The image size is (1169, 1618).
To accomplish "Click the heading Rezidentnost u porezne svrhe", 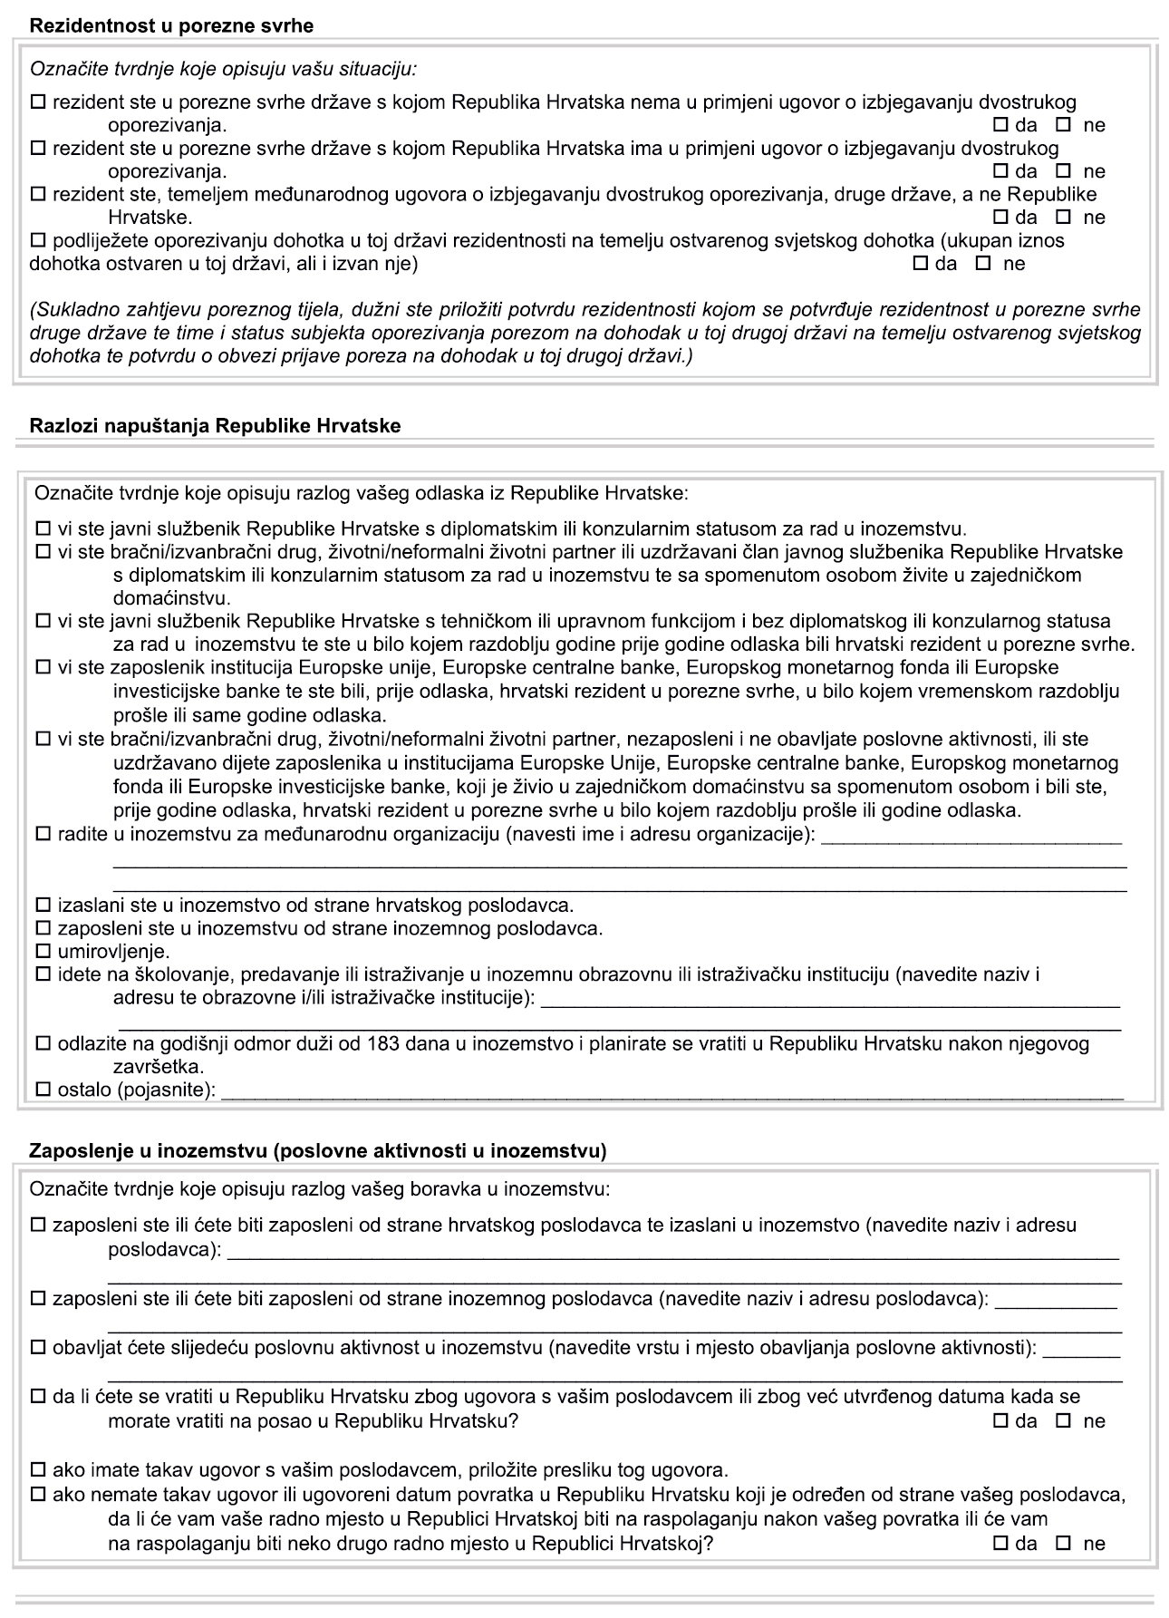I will coord(171,26).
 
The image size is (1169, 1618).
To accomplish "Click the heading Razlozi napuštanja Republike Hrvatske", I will coord(215,425).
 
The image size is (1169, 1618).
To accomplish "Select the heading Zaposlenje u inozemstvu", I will coord(317,1151).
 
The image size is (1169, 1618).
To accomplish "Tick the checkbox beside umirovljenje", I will coord(43,952).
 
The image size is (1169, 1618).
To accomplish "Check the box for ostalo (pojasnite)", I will coord(43,1090).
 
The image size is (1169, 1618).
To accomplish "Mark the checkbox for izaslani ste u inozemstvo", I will coord(43,906).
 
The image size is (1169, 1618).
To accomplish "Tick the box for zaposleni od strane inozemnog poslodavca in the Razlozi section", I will coord(43,929).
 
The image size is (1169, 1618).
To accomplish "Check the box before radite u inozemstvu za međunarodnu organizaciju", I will coord(43,834).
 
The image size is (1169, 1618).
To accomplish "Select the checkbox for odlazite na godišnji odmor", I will coord(43,1044).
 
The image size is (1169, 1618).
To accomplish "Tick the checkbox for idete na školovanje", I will coord(43,975).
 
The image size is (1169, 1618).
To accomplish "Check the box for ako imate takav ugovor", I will coord(38,1468).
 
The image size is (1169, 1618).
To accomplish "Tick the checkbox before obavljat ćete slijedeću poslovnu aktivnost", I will coord(38,1348).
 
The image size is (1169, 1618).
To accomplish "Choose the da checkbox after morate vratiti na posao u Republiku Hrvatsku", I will coord(1001,1420).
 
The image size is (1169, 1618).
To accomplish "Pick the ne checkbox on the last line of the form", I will coord(1064,1544).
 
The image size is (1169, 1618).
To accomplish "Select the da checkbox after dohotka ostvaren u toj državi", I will coord(921,264).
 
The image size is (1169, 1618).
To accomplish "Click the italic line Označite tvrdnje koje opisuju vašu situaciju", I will coord(223,69).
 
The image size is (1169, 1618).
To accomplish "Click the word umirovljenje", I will coord(113,952).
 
